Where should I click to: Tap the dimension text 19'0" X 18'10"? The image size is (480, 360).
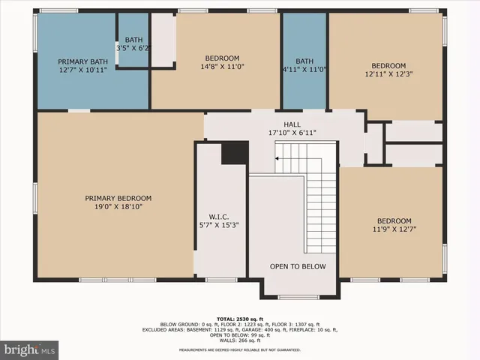click(x=118, y=206)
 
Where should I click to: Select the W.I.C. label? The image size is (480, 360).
click(x=219, y=215)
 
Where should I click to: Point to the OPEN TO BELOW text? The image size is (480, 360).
click(x=298, y=266)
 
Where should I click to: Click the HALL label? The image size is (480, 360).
click(x=292, y=124)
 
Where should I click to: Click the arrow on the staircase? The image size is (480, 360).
click(x=278, y=158)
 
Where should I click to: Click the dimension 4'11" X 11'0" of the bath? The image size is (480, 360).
click(x=304, y=70)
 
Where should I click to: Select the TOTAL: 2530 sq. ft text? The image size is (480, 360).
click(x=240, y=319)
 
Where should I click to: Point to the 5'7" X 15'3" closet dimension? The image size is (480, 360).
click(x=219, y=224)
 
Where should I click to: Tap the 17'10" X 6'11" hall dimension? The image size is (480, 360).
click(x=292, y=133)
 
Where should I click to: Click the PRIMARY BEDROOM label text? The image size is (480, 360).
click(x=118, y=198)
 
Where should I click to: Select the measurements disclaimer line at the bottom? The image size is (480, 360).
click(x=240, y=350)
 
